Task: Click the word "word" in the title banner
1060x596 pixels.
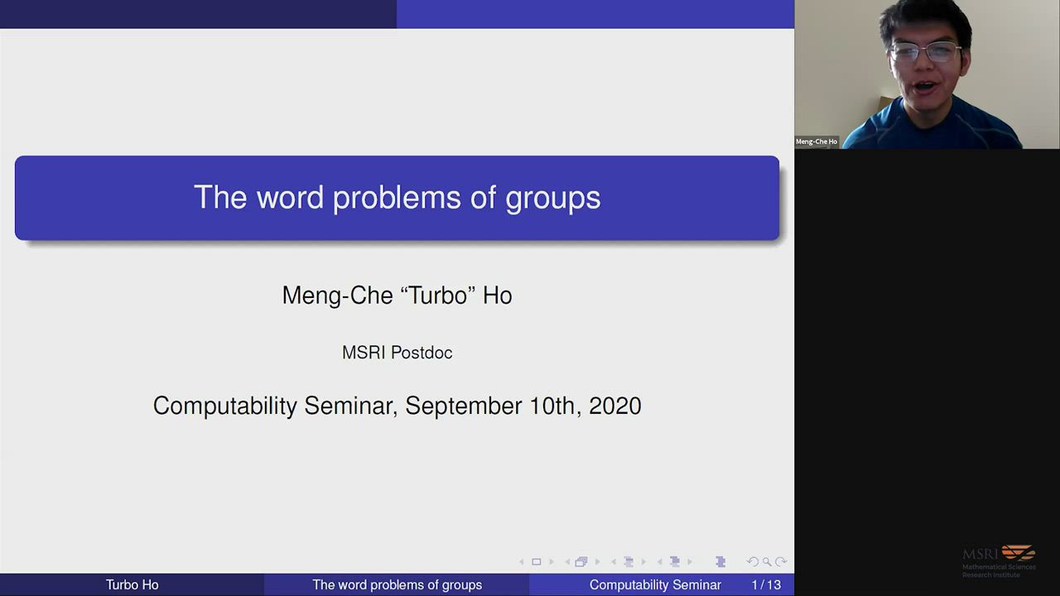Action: [x=290, y=197]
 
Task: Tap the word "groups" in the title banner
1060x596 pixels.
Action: [x=552, y=199]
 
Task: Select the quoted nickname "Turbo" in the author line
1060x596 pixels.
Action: [x=438, y=295]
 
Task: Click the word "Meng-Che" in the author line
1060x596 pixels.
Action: [x=337, y=296]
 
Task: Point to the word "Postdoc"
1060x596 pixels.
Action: [x=422, y=353]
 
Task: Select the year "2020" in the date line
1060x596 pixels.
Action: [x=615, y=406]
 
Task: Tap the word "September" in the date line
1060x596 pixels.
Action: [x=463, y=406]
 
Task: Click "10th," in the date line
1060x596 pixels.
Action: [x=556, y=406]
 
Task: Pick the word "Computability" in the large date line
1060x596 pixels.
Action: [x=224, y=406]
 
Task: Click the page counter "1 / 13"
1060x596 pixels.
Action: [x=766, y=584]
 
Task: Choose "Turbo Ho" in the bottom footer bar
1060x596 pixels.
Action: [x=132, y=584]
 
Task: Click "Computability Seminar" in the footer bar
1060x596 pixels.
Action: [x=655, y=585]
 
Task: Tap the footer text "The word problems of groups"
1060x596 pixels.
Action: [x=397, y=585]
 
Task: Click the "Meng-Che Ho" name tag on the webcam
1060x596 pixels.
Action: [x=817, y=142]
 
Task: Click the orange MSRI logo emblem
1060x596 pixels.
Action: [x=1019, y=552]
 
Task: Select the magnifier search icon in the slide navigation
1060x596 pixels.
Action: [x=767, y=562]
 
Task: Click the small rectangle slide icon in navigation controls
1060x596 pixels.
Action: [x=536, y=562]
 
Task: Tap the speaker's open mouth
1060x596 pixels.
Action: [x=926, y=87]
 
